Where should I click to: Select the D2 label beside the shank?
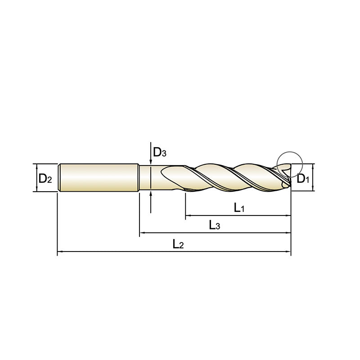tap(45, 179)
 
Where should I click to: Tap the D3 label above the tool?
tap(160, 153)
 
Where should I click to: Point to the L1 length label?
tap(238, 207)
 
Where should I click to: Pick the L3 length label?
tap(215, 225)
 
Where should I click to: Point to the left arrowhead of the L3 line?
tap(142, 233)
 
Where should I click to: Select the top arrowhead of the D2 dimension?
tap(35, 166)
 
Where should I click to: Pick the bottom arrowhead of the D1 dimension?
tap(312, 189)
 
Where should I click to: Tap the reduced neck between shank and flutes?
tap(151, 178)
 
